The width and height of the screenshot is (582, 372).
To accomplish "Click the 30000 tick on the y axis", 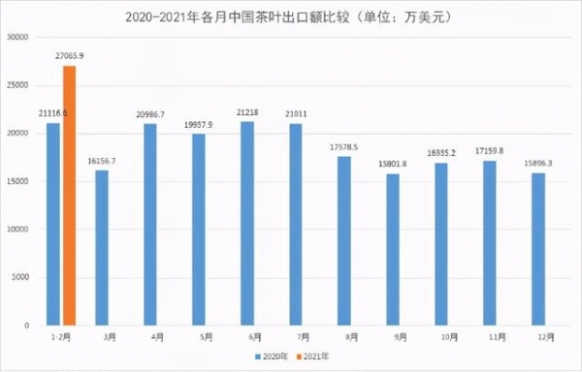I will coord(18,37).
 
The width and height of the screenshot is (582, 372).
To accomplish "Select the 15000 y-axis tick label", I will coord(18,181).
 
